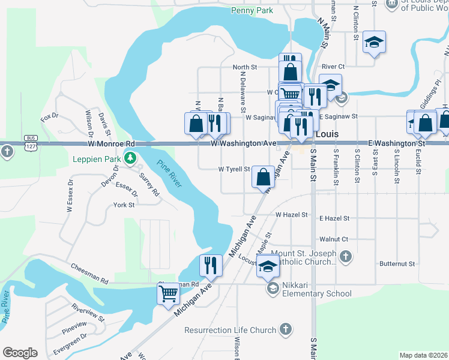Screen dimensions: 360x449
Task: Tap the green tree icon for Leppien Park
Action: click(x=130, y=158)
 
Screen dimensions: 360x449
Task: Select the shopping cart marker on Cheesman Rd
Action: click(x=169, y=294)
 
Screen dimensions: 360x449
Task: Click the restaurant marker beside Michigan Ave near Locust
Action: click(x=210, y=265)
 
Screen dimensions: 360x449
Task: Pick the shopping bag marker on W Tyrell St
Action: click(x=263, y=176)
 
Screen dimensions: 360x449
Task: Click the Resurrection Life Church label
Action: click(x=231, y=330)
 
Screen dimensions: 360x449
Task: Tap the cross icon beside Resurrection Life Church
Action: click(x=286, y=329)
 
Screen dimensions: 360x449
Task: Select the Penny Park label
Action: click(x=252, y=10)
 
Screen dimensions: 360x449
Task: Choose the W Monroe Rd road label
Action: click(x=111, y=144)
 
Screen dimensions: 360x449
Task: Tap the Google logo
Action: click(x=20, y=353)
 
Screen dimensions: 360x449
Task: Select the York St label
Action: click(x=124, y=205)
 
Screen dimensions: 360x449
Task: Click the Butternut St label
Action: click(x=397, y=263)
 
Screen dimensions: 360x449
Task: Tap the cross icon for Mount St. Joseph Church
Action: click(x=345, y=257)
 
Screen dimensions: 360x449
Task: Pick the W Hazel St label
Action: click(x=292, y=214)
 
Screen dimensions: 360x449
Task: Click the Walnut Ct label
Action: click(x=334, y=239)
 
